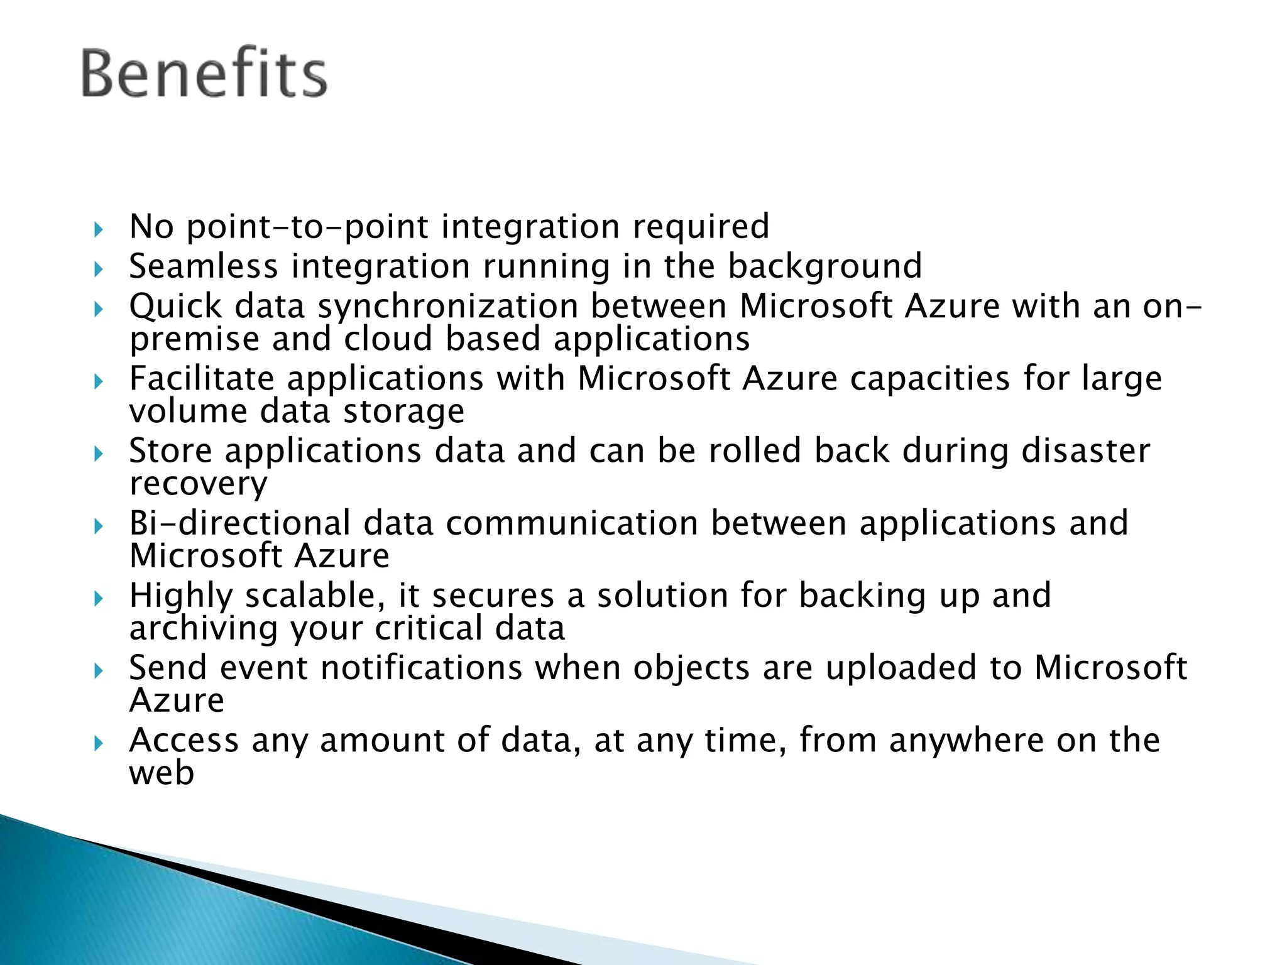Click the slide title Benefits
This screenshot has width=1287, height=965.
point(204,74)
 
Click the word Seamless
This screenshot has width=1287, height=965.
point(204,266)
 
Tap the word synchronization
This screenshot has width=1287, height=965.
point(448,307)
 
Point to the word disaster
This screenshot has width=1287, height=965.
point(1086,451)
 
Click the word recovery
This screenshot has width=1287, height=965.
point(199,484)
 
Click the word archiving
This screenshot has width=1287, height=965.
point(203,628)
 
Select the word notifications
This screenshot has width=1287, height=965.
point(422,667)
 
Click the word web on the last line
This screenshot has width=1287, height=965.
point(162,773)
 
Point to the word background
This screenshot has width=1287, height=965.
point(825,266)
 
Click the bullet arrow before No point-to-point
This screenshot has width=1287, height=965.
point(98,229)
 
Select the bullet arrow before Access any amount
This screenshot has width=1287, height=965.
point(98,743)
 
